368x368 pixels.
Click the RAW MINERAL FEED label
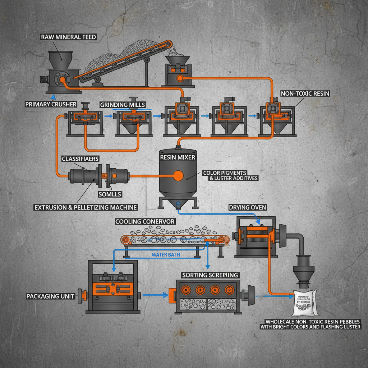tap(69, 37)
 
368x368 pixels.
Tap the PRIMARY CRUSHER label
tap(51, 104)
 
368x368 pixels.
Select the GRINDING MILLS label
tap(123, 105)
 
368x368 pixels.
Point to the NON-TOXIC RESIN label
tap(305, 93)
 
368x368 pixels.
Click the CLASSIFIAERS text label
tap(80, 158)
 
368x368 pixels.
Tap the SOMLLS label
tap(110, 194)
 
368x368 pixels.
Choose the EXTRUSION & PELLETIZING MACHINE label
tap(86, 207)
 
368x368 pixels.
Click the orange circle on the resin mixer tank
tap(178, 176)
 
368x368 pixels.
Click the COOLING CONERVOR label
tap(145, 221)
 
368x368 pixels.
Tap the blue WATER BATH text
tap(166, 254)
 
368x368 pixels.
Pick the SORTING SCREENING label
tap(210, 275)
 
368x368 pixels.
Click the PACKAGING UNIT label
tap(50, 296)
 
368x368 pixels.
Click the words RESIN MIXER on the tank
tap(178, 157)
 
